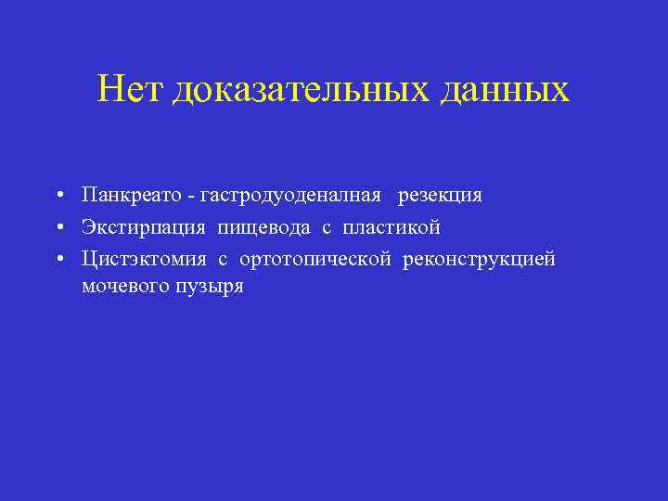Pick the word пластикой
pyautogui.click(x=391, y=227)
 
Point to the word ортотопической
pyautogui.click(x=315, y=259)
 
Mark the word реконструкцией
pyautogui.click(x=479, y=259)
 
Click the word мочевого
pyautogui.click(x=122, y=287)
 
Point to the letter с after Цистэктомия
pyautogui.click(x=224, y=260)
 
